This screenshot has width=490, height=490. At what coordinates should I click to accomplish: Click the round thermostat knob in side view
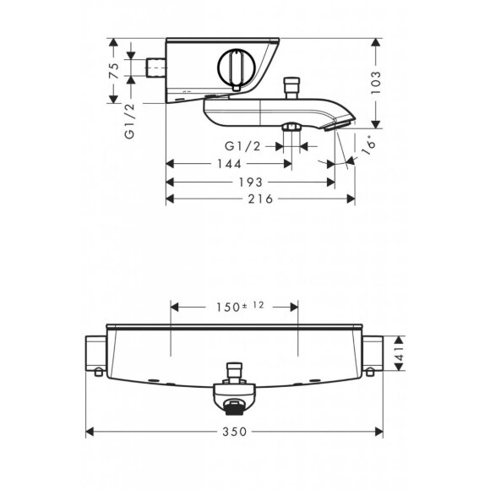(234, 68)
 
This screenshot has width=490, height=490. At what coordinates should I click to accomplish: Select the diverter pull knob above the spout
(292, 85)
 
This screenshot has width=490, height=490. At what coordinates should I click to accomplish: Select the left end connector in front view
(95, 356)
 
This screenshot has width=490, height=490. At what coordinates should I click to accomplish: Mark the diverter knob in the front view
(233, 370)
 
